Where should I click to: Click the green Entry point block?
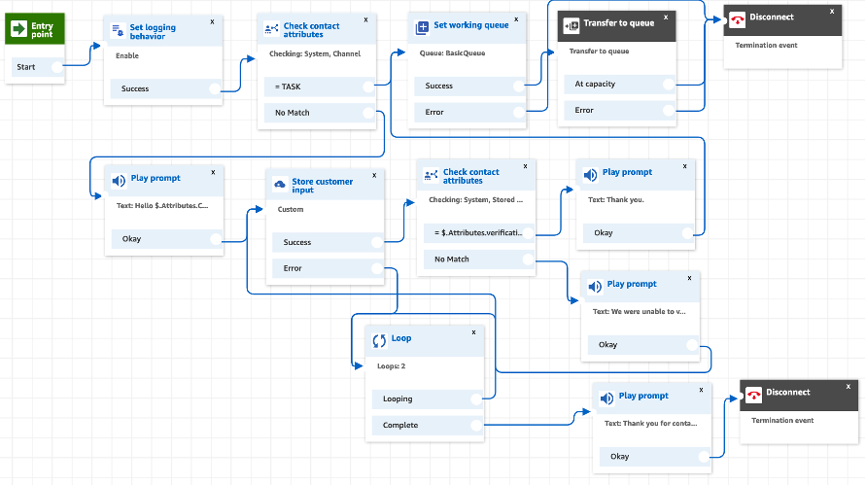click(x=35, y=29)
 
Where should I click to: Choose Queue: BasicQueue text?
click(x=452, y=52)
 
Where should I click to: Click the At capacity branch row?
click(x=618, y=84)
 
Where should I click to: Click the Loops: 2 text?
click(x=392, y=366)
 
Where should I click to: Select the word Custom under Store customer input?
click(x=291, y=209)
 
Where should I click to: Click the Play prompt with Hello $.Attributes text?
click(x=164, y=205)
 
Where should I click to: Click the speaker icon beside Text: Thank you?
click(x=590, y=174)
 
